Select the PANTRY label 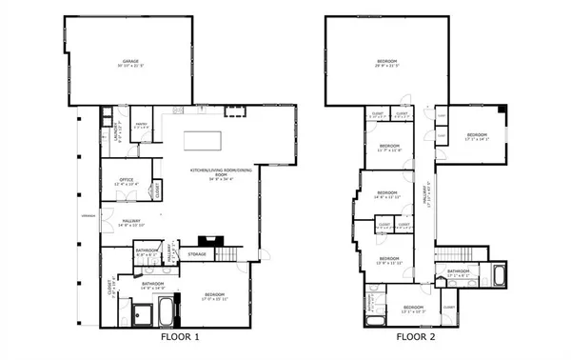pos(139,126)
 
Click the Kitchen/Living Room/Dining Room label pos(210,173)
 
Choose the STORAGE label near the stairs pos(197,254)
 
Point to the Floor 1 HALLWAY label pos(132,224)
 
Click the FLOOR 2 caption pos(415,337)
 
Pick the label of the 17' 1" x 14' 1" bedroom pos(476,137)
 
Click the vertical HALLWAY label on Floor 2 pos(429,195)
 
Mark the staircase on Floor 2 pos(452,255)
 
